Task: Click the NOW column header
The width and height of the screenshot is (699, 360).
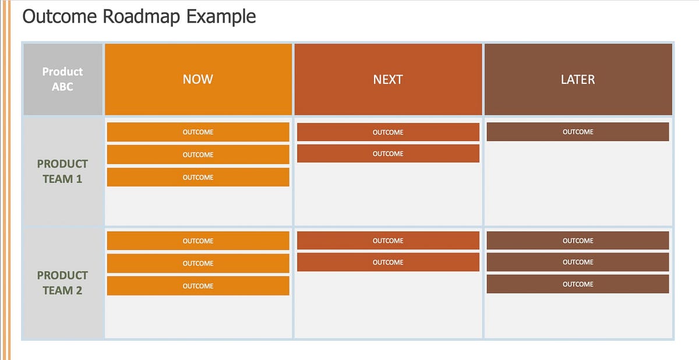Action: pyautogui.click(x=198, y=79)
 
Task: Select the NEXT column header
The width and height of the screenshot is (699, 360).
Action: pyautogui.click(x=388, y=79)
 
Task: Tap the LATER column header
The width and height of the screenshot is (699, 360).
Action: pyautogui.click(x=578, y=79)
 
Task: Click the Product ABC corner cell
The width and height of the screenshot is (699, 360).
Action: pyautogui.click(x=63, y=79)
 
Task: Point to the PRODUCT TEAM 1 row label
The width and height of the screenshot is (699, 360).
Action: pyautogui.click(x=63, y=171)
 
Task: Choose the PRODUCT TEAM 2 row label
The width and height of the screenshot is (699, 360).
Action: pyautogui.click(x=63, y=283)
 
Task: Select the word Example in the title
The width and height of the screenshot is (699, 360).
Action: pyautogui.click(x=221, y=16)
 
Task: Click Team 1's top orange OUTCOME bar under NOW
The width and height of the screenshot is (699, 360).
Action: pyautogui.click(x=198, y=132)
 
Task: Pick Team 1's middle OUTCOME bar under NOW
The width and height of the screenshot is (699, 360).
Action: pyautogui.click(x=198, y=155)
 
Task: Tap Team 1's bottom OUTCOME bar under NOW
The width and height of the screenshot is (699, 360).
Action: pyautogui.click(x=198, y=178)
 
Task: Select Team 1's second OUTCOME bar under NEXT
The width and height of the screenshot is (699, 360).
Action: pyautogui.click(x=388, y=154)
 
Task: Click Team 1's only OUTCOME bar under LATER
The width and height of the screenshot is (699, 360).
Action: pyautogui.click(x=578, y=132)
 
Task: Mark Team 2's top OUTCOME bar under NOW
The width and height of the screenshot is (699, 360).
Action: pyautogui.click(x=198, y=241)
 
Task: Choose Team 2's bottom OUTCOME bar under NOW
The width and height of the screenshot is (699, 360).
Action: pyautogui.click(x=198, y=286)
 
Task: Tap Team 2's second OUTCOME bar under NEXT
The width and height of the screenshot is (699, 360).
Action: pyautogui.click(x=388, y=263)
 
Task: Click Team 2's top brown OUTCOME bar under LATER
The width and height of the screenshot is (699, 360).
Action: pyautogui.click(x=578, y=241)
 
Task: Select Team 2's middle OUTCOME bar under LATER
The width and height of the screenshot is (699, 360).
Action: pyautogui.click(x=578, y=263)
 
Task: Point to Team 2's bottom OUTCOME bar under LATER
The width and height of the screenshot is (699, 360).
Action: pyautogui.click(x=578, y=284)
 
